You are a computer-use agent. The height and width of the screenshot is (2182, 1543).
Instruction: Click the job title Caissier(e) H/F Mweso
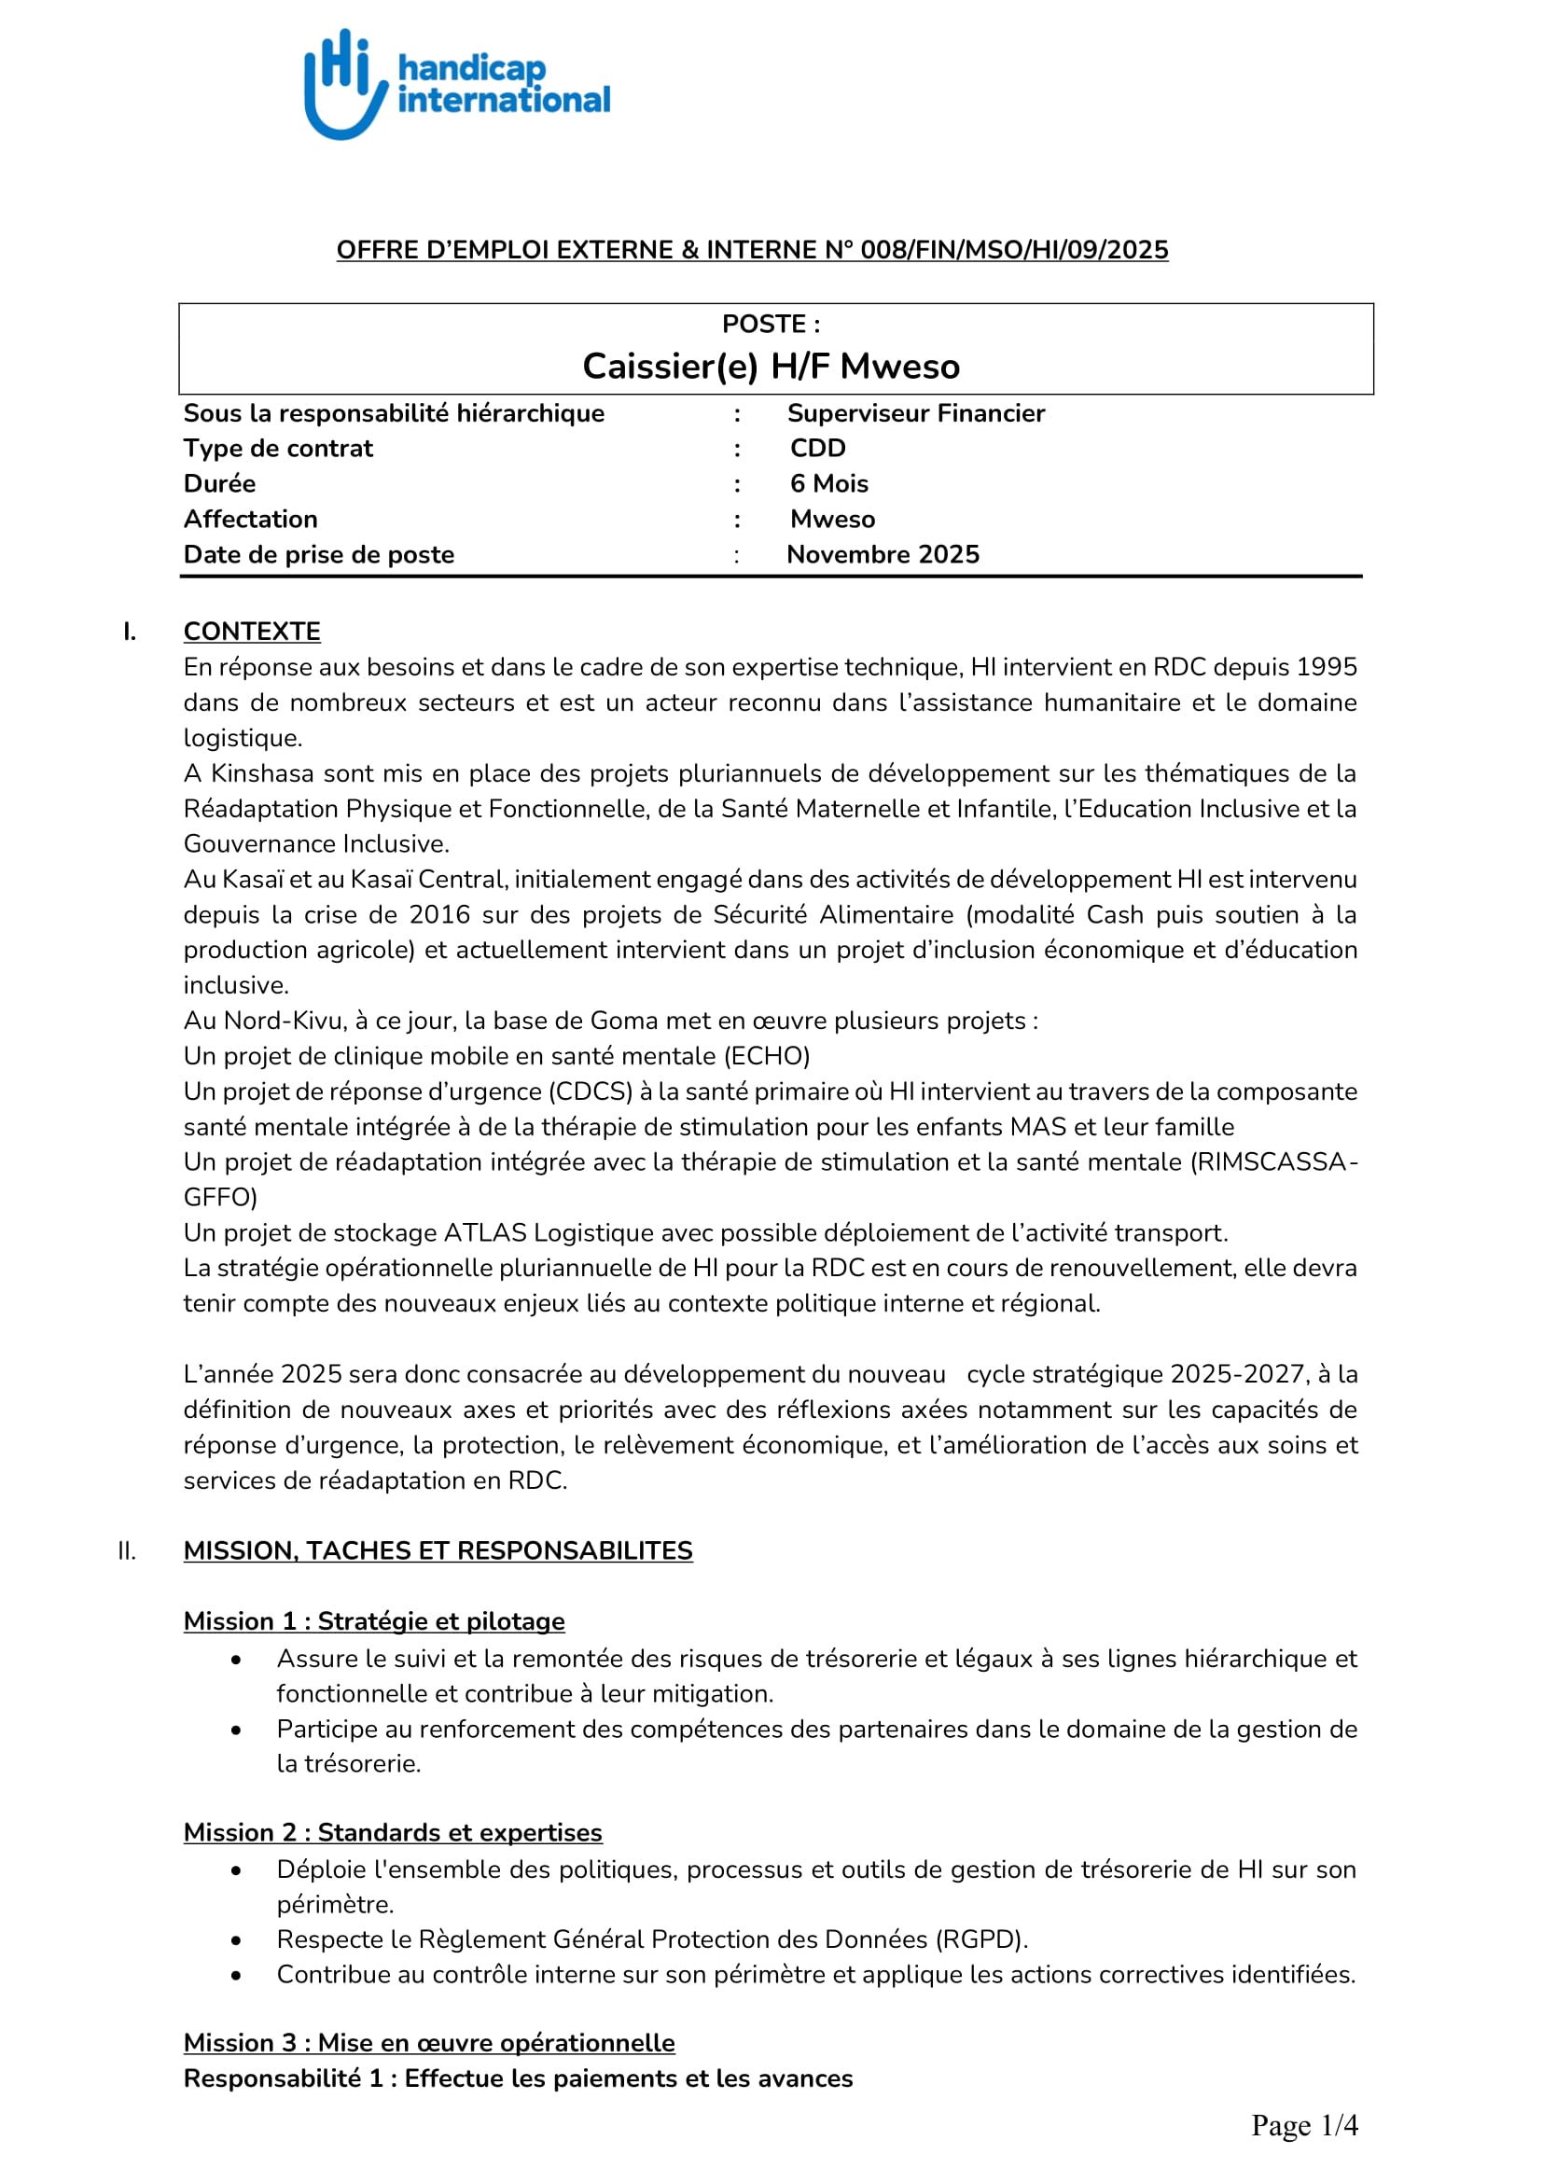tap(771, 367)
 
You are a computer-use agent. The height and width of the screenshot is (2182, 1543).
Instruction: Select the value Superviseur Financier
tap(915, 413)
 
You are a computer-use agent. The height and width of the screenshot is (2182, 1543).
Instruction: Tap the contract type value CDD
tap(817, 449)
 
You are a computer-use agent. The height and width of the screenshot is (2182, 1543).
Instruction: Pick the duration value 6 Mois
tap(828, 484)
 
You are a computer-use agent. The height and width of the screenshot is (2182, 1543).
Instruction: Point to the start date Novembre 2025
tap(883, 555)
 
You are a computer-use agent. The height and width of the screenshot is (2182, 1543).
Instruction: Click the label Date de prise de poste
tap(318, 555)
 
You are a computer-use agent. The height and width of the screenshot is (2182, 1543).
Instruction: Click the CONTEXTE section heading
tap(252, 632)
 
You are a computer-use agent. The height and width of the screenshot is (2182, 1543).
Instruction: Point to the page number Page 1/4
tap(1303, 2125)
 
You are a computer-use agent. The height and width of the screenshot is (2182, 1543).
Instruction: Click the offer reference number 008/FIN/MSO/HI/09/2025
tap(1014, 250)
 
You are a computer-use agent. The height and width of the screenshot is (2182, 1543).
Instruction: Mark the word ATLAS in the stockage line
tap(484, 1232)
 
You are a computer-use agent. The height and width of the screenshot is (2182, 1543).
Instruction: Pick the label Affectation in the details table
tap(250, 520)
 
